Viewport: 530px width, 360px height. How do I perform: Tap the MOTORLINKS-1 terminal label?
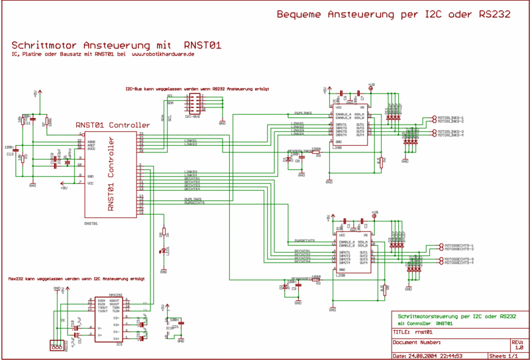(450, 117)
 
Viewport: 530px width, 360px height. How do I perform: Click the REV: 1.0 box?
(518, 345)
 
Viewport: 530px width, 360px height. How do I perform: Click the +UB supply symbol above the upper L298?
(371, 86)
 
